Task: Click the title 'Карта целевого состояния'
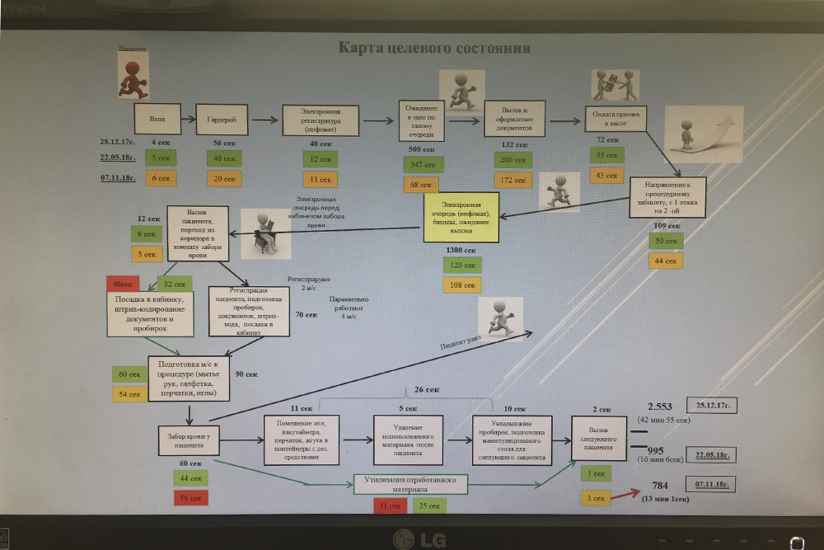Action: (434, 48)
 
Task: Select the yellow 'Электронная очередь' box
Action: (461, 217)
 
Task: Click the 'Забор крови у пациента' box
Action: (190, 440)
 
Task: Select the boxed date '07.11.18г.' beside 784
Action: (714, 485)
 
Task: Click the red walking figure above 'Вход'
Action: (132, 74)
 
